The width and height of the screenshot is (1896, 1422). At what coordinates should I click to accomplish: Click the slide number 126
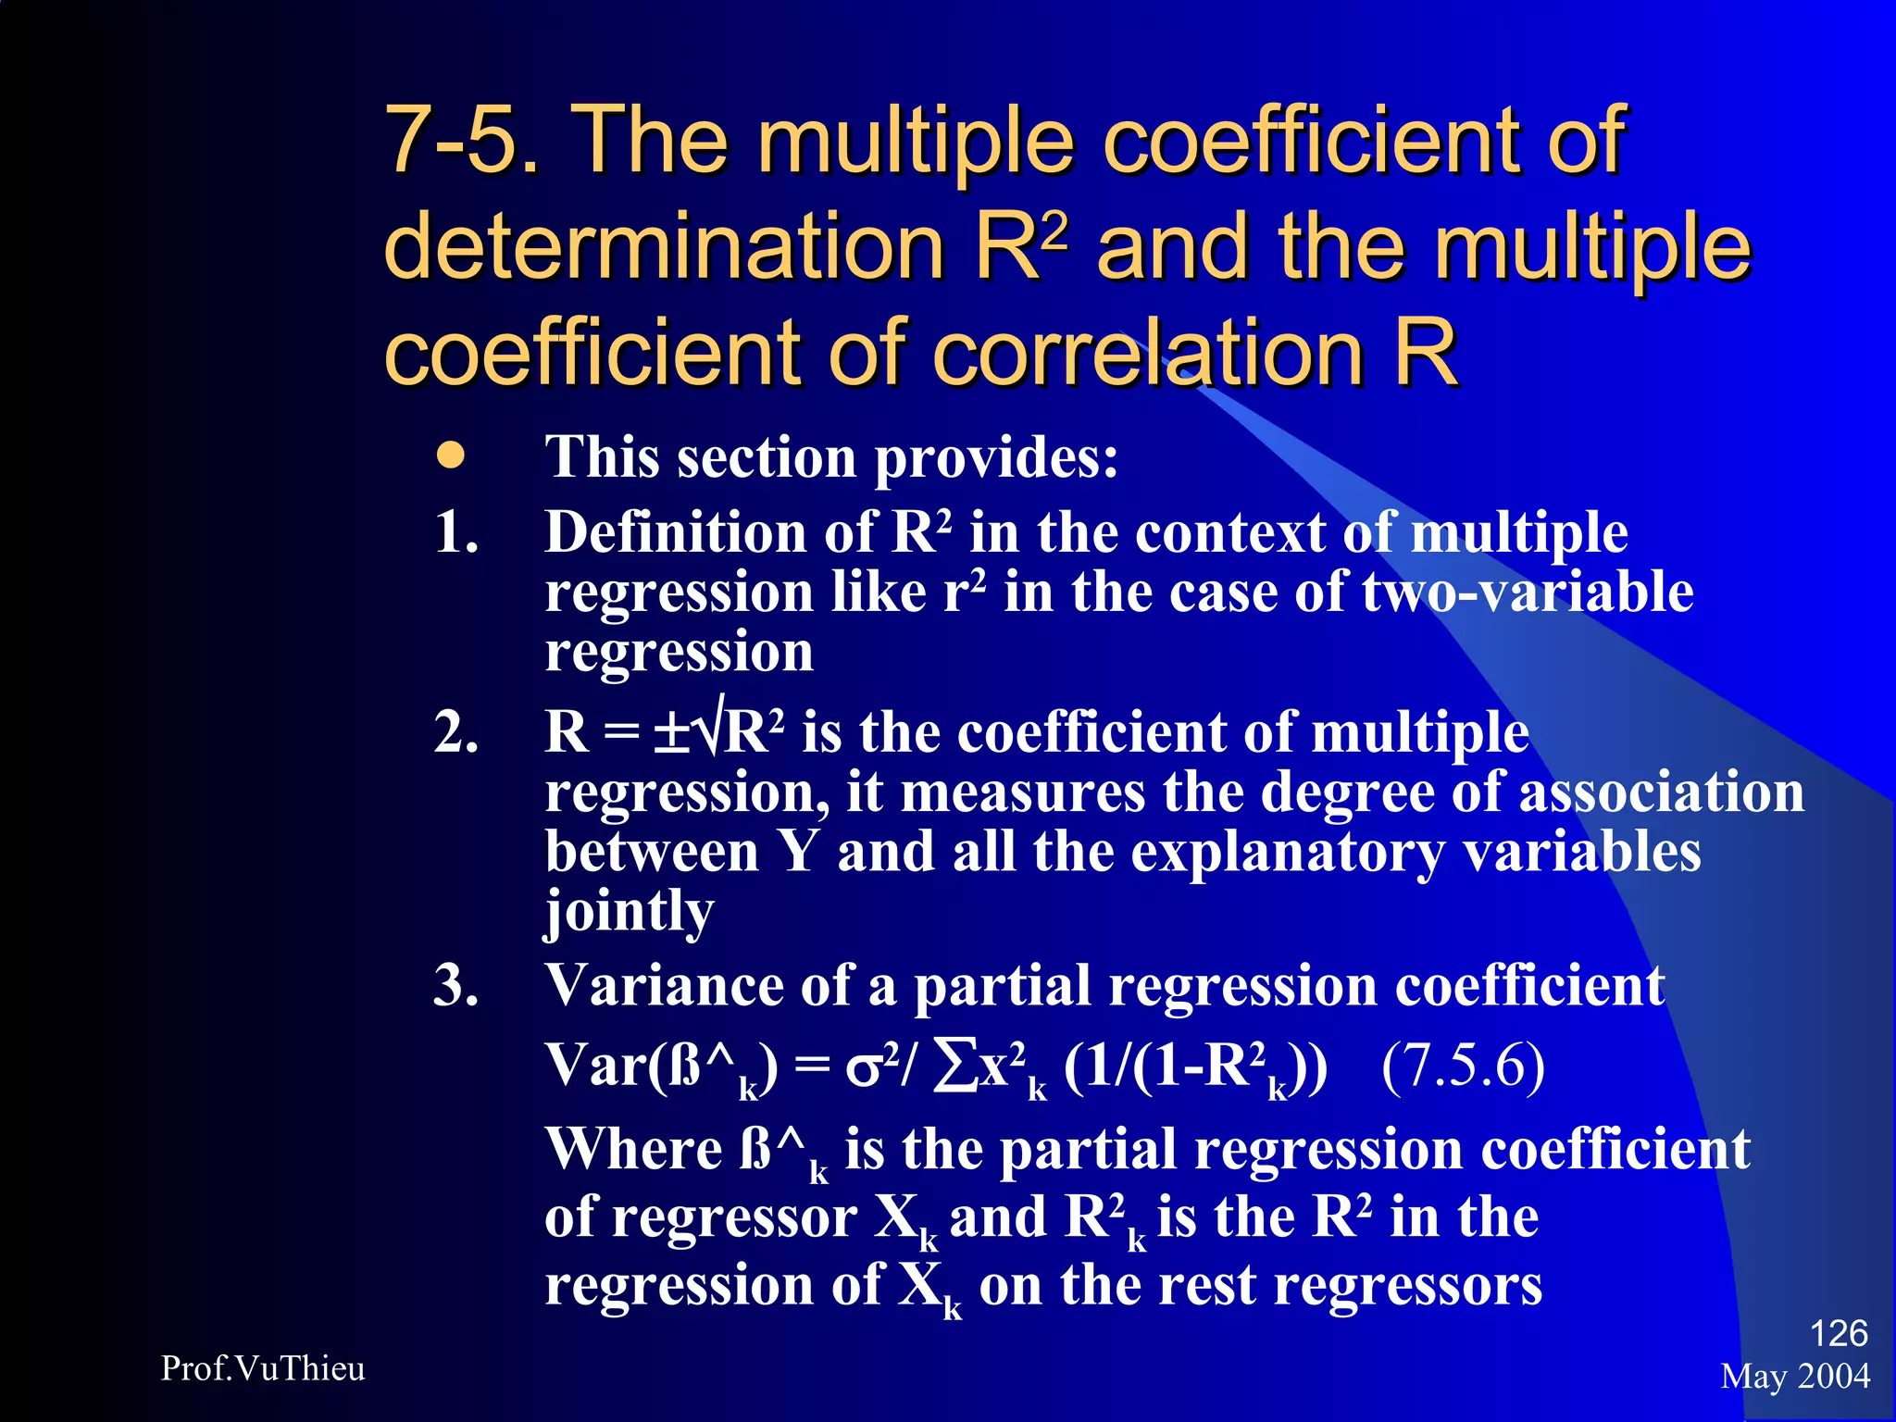coord(1838,1333)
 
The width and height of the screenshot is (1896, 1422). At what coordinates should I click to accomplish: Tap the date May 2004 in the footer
coord(1795,1377)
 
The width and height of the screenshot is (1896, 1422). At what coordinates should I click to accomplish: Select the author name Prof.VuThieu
coord(263,1368)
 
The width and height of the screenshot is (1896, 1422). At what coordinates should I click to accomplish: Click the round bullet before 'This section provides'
coord(451,456)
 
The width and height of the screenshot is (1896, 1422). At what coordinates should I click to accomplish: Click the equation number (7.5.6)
coord(1463,1066)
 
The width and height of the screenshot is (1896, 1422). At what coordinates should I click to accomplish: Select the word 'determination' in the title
coord(663,246)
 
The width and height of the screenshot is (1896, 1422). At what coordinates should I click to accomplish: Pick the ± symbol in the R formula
coord(671,734)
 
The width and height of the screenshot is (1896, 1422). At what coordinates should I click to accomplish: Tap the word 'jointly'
coord(630,913)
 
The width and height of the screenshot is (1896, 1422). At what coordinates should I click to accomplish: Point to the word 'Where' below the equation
coord(634,1149)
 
